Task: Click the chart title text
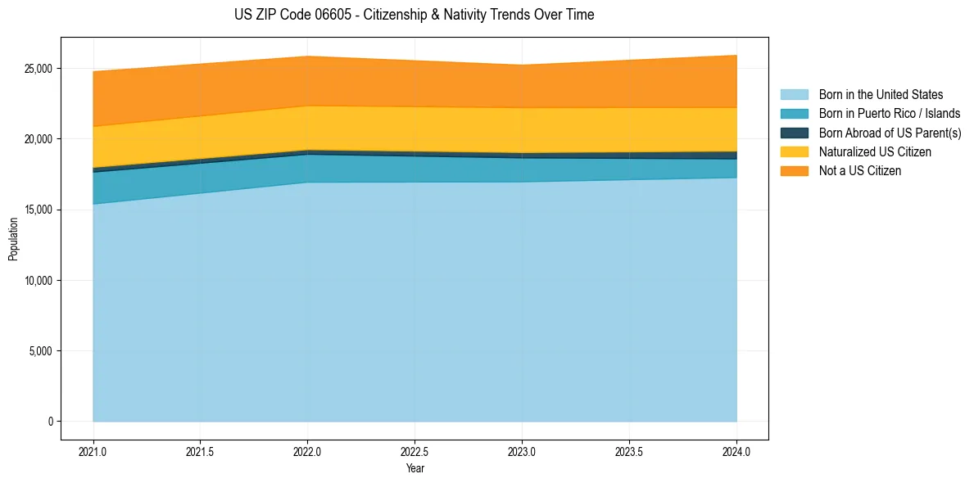414,15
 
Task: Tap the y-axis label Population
13,238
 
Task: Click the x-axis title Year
415,469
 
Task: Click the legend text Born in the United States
881,95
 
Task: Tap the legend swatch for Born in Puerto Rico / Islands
794,114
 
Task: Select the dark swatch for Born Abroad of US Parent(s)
794,133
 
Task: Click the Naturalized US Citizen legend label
875,152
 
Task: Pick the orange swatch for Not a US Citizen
794,171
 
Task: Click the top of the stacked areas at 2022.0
307,56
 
